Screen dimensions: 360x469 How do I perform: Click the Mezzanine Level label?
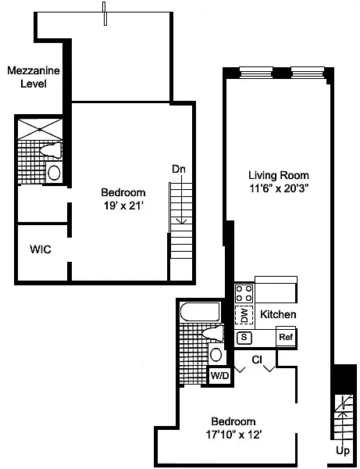click(x=34, y=77)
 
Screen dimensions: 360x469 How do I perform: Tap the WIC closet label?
click(x=41, y=249)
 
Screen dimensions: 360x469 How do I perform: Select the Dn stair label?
click(x=179, y=169)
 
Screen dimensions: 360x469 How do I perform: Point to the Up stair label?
click(x=343, y=450)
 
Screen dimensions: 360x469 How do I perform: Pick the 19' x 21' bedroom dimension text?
click(x=123, y=206)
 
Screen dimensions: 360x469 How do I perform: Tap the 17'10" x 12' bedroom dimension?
click(x=233, y=435)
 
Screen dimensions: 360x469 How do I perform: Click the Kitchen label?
click(x=278, y=314)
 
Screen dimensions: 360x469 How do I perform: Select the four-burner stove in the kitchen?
click(x=244, y=293)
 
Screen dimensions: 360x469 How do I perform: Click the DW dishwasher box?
click(x=244, y=315)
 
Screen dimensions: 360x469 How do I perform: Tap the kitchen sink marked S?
click(x=244, y=338)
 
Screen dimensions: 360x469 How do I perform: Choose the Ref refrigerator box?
click(x=286, y=337)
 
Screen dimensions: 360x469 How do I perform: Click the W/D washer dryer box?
click(x=219, y=375)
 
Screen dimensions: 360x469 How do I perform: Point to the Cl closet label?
click(x=257, y=360)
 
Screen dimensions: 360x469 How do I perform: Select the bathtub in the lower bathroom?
click(x=201, y=312)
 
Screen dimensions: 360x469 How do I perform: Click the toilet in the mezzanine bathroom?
click(x=52, y=150)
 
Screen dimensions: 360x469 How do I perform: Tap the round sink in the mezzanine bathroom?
click(x=54, y=173)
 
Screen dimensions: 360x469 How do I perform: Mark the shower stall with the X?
click(x=40, y=129)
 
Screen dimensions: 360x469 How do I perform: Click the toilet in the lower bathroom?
click(x=213, y=334)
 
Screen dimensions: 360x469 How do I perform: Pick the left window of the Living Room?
click(x=256, y=73)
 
